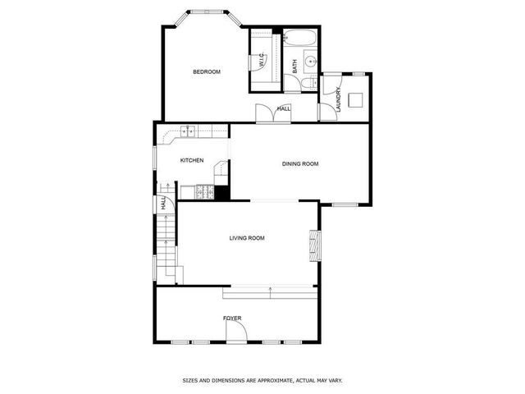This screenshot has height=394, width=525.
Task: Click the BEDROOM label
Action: (x=207, y=72)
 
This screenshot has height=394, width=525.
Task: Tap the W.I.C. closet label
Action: (x=261, y=61)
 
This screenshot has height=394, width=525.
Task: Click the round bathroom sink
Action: (x=312, y=61)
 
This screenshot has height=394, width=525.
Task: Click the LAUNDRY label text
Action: (x=337, y=98)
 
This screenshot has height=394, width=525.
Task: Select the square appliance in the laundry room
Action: (x=356, y=99)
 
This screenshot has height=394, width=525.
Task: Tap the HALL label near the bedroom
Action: (x=284, y=108)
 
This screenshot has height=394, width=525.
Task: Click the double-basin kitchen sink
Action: (x=188, y=130)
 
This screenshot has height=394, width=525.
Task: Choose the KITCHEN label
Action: (x=192, y=160)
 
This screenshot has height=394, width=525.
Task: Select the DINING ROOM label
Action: (x=300, y=164)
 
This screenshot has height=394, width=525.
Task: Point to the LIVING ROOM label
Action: (x=246, y=238)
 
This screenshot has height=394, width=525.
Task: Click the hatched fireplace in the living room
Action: (x=314, y=243)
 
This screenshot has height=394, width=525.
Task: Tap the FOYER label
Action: (x=232, y=318)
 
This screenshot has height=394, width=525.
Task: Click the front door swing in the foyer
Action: (x=235, y=332)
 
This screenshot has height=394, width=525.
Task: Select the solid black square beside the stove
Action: (x=221, y=193)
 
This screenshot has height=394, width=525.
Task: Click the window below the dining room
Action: (x=345, y=204)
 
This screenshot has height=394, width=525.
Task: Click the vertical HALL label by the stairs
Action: (x=163, y=204)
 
